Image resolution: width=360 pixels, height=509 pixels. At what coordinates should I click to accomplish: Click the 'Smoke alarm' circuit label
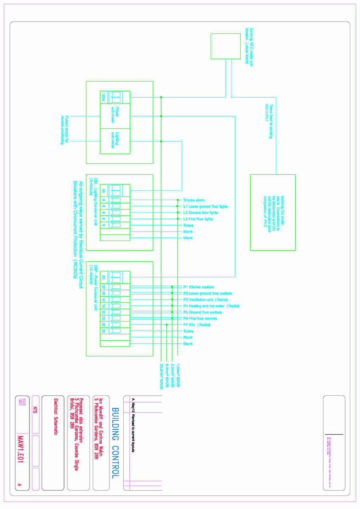pos(194,200)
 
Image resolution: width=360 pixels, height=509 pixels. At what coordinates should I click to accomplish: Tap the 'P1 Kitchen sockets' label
pos(198,287)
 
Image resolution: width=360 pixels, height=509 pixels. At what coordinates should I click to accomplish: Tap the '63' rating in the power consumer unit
pos(103,277)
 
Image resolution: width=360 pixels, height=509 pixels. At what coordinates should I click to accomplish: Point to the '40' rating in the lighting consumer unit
pos(103,190)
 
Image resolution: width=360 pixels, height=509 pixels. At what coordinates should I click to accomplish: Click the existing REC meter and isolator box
pos(226,46)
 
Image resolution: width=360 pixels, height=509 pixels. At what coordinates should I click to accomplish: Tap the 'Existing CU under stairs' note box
pos(273,212)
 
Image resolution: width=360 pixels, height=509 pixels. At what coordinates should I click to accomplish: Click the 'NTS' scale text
pos(36,410)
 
